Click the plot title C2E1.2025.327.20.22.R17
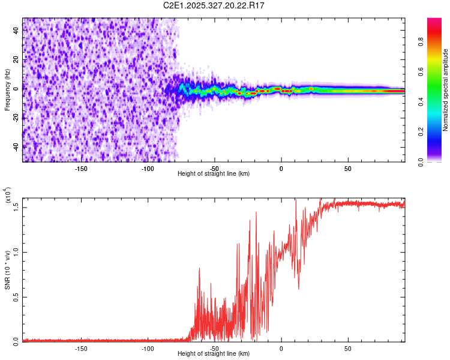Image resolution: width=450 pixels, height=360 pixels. click(214, 5)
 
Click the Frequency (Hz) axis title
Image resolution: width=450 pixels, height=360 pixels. click(8, 90)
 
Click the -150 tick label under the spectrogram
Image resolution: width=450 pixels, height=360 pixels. click(81, 168)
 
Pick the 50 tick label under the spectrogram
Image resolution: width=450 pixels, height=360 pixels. click(348, 168)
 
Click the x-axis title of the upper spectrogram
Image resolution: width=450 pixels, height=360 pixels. click(214, 174)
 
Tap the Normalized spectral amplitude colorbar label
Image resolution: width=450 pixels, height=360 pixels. click(446, 90)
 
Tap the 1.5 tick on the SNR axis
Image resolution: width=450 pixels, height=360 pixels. click(16, 207)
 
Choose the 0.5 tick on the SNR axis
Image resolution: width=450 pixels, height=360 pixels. click(16, 296)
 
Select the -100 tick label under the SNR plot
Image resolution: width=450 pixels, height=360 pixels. click(148, 348)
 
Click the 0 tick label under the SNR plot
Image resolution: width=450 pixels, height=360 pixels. click(281, 348)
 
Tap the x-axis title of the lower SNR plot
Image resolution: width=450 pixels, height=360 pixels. click(214, 354)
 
